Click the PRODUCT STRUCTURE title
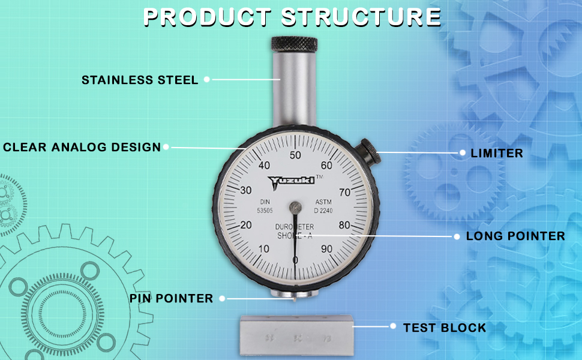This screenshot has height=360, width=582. [292, 16]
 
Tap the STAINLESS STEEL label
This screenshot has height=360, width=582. [140, 80]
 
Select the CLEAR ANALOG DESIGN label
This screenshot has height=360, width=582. [82, 147]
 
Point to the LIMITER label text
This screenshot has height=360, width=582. [497, 153]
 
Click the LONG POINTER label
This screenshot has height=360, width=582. [515, 236]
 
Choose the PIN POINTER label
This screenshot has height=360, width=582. [172, 298]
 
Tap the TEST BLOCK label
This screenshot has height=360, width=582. [445, 328]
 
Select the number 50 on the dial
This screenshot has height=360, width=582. [295, 155]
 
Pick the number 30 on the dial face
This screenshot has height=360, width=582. [245, 190]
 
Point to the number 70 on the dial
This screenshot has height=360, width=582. [344, 193]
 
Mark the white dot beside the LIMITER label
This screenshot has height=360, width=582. [463, 153]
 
